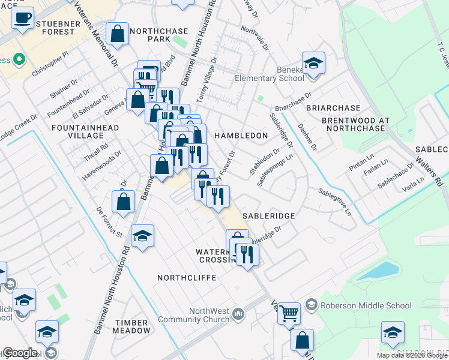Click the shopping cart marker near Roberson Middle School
pyautogui.click(x=289, y=313)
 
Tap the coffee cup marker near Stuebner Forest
pyautogui.click(x=23, y=17)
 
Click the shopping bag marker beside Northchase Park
pyautogui.click(x=118, y=34)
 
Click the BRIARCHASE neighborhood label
pyautogui.click(x=333, y=108)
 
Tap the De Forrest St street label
pyautogui.click(x=109, y=221)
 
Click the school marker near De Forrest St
pyautogui.click(x=142, y=236)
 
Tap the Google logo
pyautogui.click(x=20, y=353)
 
